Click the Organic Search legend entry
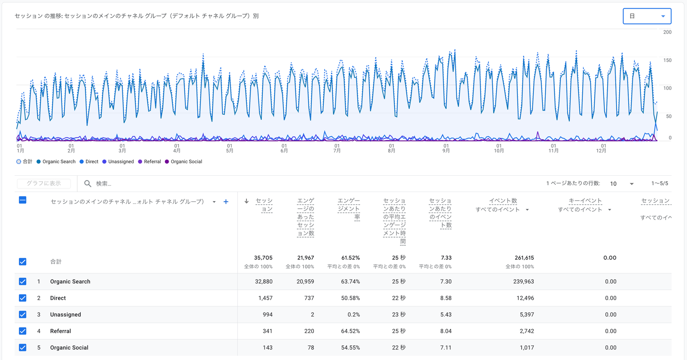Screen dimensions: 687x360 pos(56,162)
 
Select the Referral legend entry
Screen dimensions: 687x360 pos(149,162)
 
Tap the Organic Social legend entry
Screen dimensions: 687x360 pos(183,162)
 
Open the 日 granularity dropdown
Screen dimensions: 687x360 pos(647,16)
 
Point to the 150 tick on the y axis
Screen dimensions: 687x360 pos(667,60)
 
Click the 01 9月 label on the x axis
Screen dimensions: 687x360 pos(446,148)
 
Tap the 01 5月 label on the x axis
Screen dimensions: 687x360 pos(229,148)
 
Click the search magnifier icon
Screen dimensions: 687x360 pos(88,183)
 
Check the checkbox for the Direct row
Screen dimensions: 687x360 pos(22,298)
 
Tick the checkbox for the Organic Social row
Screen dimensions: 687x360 pos(22,348)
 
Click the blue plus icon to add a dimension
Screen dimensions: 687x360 pos(226,201)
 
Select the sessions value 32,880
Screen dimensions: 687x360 pos(264,281)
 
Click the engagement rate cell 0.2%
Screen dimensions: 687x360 pos(354,314)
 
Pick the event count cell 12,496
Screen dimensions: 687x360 pos(525,298)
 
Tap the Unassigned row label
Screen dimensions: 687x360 pos(66,314)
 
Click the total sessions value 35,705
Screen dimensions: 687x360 pos(263,258)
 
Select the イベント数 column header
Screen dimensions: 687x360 pos(503,201)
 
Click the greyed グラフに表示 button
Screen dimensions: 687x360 pos(44,183)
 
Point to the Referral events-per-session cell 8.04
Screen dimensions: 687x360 pos(446,331)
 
